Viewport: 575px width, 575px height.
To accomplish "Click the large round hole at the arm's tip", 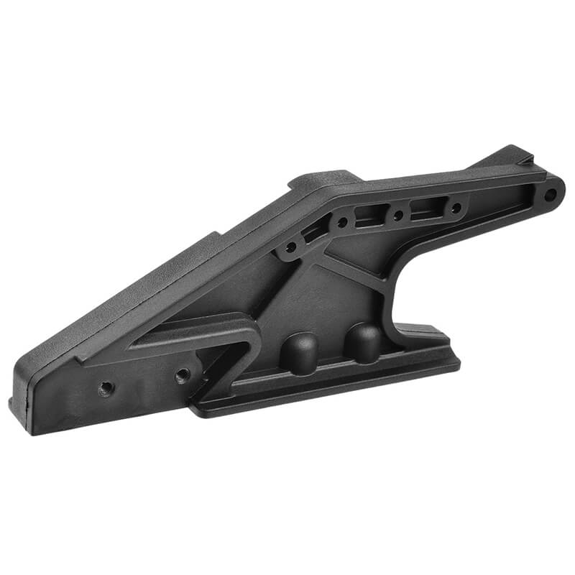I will [x=550, y=194].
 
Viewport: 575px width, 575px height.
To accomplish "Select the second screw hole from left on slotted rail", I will [x=343, y=222].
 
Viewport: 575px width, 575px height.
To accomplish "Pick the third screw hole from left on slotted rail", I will [x=397, y=214].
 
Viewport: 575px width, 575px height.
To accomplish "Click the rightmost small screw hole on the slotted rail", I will [x=456, y=208].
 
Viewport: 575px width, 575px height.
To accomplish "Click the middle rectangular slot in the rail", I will [x=369, y=215].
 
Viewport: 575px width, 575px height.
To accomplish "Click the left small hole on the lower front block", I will [x=106, y=388].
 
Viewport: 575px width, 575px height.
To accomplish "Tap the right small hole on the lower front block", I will [x=183, y=374].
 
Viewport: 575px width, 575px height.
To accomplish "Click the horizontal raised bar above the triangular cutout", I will [x=194, y=333].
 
